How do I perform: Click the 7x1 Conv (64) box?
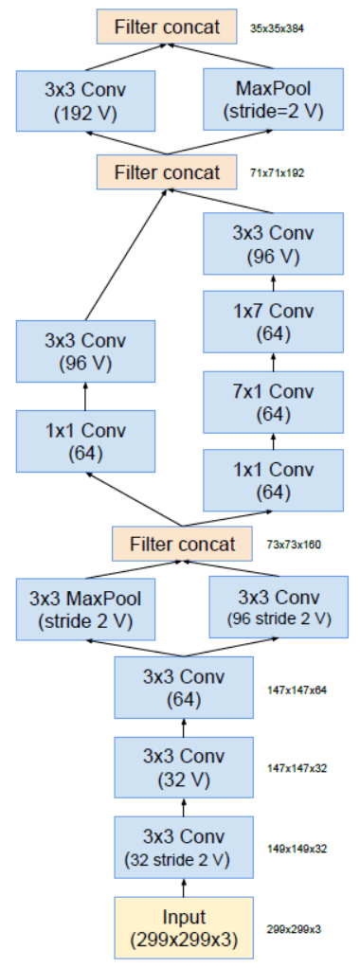[x=274, y=402]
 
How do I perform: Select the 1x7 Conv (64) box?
[x=274, y=321]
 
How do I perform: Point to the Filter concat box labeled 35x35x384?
[x=167, y=27]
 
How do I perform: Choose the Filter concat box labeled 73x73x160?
[x=182, y=544]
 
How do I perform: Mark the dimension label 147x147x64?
[x=297, y=690]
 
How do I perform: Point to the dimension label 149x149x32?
[x=297, y=849]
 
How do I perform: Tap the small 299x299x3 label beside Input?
[x=295, y=929]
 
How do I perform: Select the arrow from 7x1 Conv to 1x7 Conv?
[x=274, y=362]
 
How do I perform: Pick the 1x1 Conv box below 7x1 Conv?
[x=274, y=481]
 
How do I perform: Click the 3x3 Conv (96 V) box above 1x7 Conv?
[x=274, y=242]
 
